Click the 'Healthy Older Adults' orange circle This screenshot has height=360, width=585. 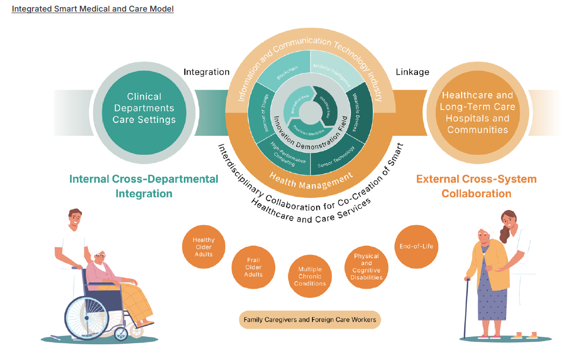[x=204, y=247]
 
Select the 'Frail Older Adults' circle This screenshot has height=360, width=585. [x=254, y=267]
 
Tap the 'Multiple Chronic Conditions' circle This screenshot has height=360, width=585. [x=310, y=276]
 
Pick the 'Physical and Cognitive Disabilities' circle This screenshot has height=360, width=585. [x=366, y=267]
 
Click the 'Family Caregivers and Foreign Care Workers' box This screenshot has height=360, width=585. [x=310, y=320]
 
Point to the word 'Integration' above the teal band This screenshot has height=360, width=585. [x=206, y=72]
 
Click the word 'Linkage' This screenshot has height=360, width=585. [x=412, y=72]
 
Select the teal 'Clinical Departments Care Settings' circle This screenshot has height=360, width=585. [x=144, y=108]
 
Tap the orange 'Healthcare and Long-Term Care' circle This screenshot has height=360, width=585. [x=477, y=112]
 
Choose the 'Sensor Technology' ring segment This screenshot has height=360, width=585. [x=338, y=155]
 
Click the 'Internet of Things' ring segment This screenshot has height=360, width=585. [x=261, y=112]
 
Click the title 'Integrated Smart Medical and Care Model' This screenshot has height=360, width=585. [x=92, y=9]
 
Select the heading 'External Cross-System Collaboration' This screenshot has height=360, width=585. [x=476, y=186]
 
